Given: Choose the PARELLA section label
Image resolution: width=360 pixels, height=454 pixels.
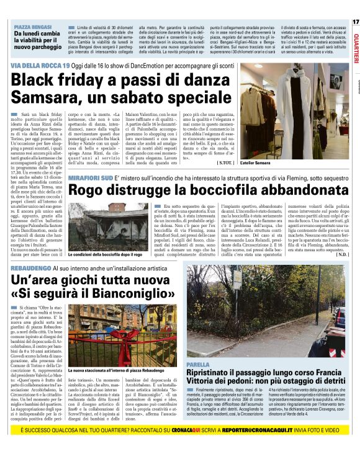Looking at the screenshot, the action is [x=198, y=364].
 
